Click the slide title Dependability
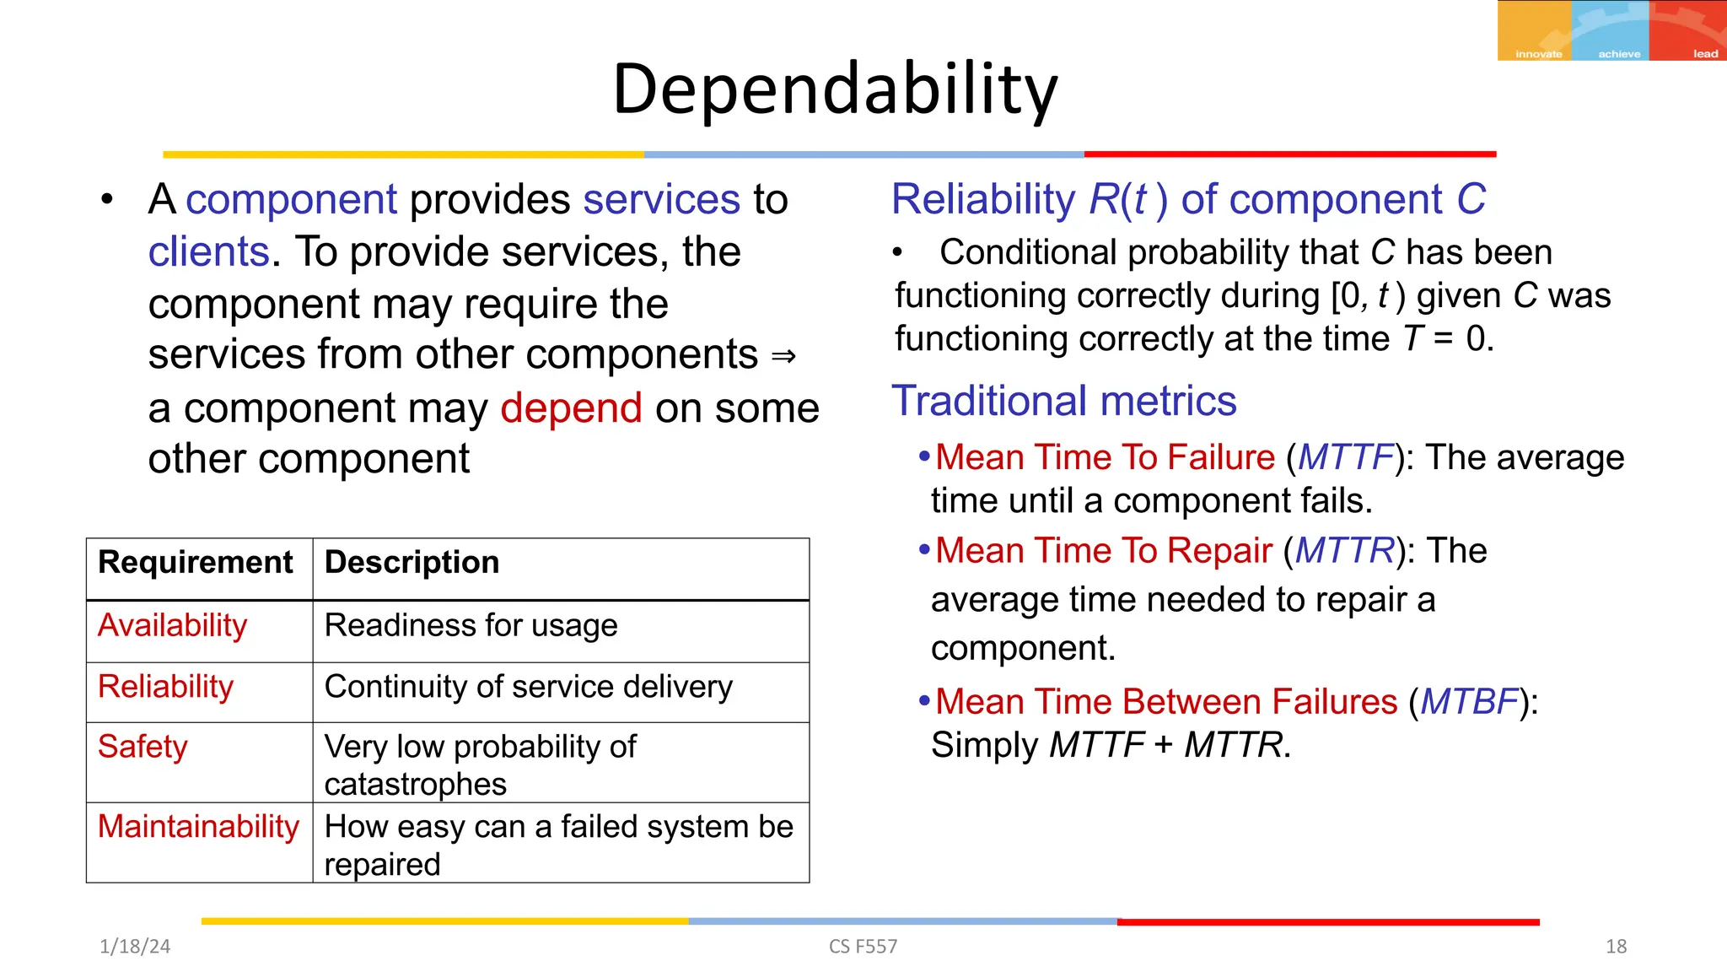coord(835,89)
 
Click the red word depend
coord(571,408)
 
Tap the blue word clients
coord(208,252)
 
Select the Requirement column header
coord(196,563)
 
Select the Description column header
coord(412,563)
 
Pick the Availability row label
coord(173,626)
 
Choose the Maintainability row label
coord(198,827)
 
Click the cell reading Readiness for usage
coord(471,626)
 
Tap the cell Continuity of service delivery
coord(529,687)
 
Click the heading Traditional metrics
coord(1064,402)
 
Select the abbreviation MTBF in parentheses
coord(1469,702)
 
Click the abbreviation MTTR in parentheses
coord(1344,551)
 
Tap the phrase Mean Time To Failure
coord(1105,457)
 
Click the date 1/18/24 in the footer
coord(135,947)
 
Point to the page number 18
coord(1616,947)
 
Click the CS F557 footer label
coord(863,947)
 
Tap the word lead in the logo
coord(1705,54)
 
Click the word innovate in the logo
coord(1538,54)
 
